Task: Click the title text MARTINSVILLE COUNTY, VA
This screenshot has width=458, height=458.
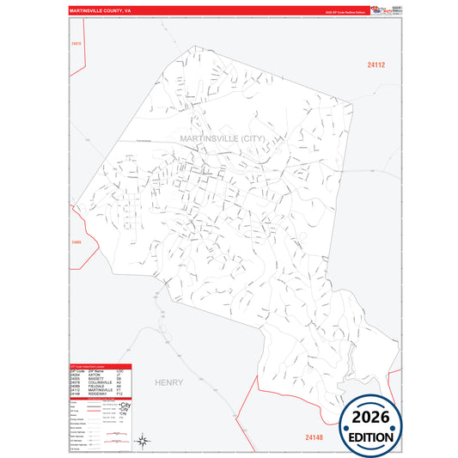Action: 101,10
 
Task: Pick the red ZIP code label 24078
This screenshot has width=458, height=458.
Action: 76,43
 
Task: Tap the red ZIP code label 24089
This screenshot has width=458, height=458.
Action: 76,243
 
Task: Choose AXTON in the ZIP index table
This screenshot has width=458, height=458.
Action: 95,375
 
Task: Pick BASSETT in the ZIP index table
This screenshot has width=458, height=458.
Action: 95,379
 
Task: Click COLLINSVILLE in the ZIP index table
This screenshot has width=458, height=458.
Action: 99,383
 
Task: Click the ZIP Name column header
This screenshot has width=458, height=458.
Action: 95,370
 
